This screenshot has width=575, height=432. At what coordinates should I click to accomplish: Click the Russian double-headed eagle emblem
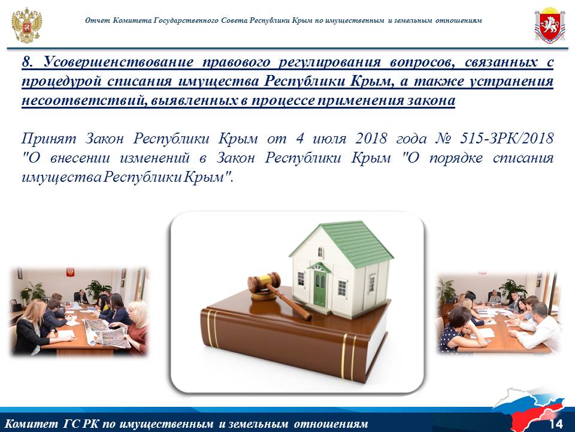coord(26,25)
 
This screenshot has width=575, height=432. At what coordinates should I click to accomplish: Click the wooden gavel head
coord(264,282)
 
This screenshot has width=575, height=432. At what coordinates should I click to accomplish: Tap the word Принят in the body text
coord(49,139)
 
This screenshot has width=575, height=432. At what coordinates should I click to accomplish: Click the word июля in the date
coord(329,139)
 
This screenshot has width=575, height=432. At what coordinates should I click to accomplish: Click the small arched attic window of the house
coord(320,252)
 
